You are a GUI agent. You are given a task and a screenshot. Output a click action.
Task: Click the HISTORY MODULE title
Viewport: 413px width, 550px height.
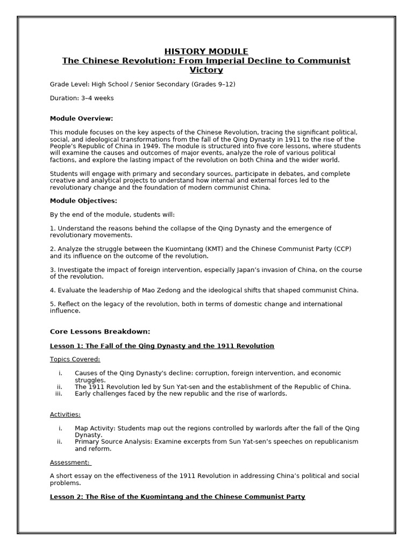[x=206, y=52]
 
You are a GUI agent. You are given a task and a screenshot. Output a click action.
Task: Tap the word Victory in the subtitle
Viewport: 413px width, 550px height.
[x=206, y=70]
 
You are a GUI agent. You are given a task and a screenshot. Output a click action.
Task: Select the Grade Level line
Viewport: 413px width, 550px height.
[x=143, y=84]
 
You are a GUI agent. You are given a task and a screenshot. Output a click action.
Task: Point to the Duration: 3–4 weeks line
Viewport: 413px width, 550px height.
[x=82, y=98]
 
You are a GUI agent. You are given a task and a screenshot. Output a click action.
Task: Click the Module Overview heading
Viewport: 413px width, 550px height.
[x=81, y=118]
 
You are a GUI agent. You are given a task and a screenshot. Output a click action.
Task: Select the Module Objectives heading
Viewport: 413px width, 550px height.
[x=83, y=201]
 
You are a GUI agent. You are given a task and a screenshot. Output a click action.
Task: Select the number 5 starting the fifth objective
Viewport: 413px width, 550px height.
[x=52, y=304]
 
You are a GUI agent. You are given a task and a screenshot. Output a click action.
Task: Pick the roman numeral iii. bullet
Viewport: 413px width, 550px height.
[x=59, y=394]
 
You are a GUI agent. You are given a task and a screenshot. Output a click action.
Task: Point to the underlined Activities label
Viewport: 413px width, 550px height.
[x=65, y=415]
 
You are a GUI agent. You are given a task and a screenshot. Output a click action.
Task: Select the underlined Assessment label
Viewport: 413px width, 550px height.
[x=70, y=462]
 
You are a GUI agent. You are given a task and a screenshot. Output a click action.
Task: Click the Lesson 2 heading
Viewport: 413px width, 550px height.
[x=177, y=497]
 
